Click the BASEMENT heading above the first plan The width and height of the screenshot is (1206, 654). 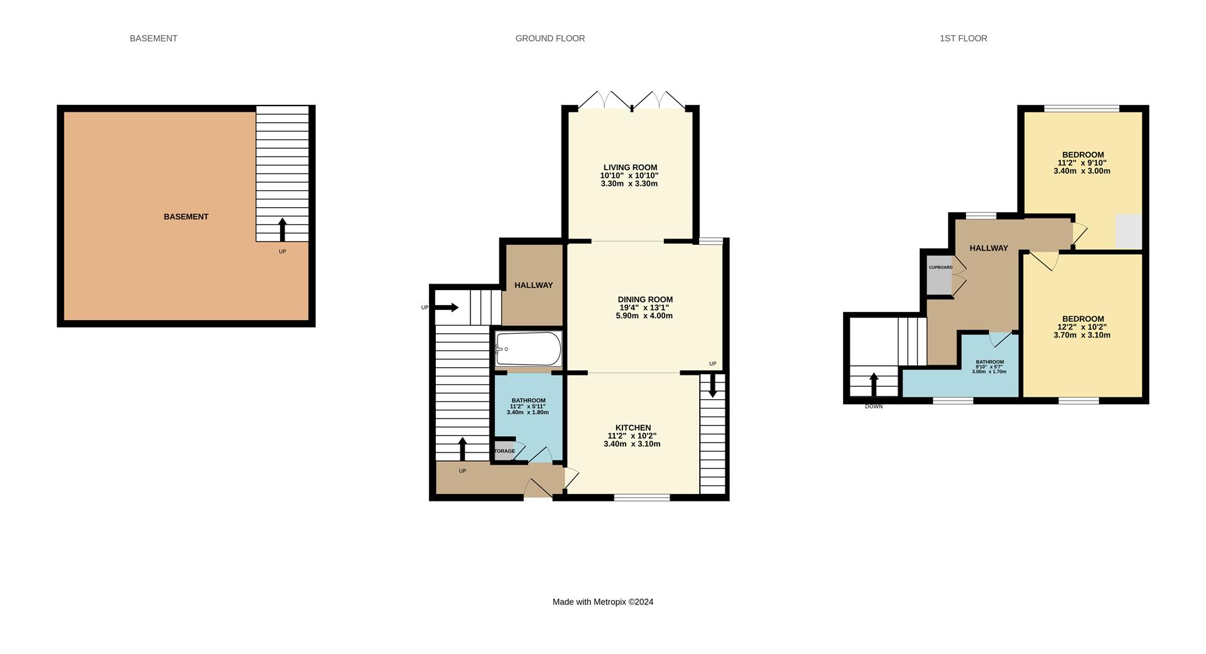point(153,38)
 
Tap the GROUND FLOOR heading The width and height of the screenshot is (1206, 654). point(550,38)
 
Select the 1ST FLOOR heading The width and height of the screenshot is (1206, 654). point(963,38)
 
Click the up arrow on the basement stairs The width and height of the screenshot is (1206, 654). point(282,229)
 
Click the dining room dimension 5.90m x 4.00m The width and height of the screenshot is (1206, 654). point(644,316)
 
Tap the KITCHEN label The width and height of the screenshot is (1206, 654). point(633,427)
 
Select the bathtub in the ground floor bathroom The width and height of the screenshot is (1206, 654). point(528,349)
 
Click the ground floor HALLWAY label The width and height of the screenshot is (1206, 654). point(533,285)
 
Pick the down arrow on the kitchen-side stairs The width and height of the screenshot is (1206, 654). point(712,386)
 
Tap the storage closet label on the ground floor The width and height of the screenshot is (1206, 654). point(504,451)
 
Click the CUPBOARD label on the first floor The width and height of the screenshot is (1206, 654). point(940,267)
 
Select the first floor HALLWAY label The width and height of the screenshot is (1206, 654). point(988,248)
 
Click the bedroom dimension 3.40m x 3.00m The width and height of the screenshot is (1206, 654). point(1082,171)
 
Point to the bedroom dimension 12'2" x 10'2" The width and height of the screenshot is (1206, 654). point(1082,327)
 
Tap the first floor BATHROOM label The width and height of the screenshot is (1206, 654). point(989,362)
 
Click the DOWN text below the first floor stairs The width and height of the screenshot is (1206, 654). point(873,407)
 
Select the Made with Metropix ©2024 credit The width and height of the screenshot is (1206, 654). point(602,602)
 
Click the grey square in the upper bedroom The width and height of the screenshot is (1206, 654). point(1128,231)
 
